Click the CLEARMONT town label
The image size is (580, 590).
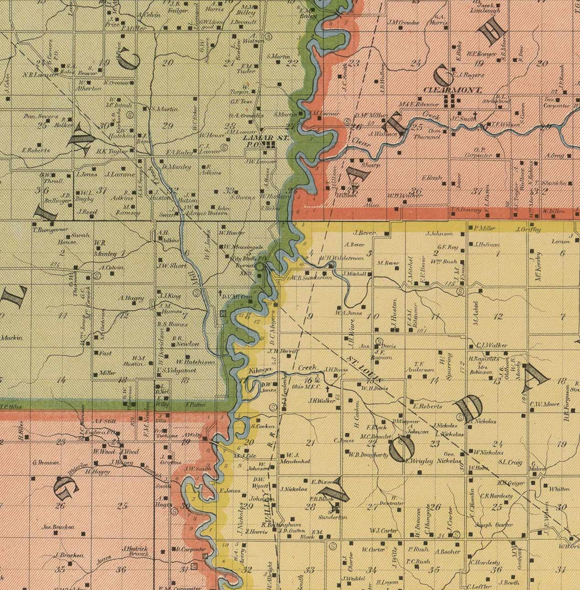[452, 90]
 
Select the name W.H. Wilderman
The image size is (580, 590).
[341, 258]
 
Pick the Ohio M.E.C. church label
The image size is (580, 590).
[306, 387]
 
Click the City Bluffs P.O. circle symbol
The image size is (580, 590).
[259, 267]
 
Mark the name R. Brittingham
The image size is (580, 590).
[276, 525]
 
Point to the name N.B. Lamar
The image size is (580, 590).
[40, 75]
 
